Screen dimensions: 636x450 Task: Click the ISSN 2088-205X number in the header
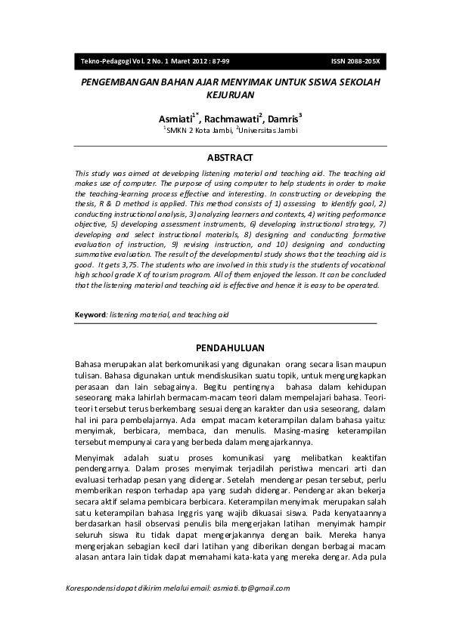click(x=355, y=60)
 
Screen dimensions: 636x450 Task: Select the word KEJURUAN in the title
click(x=230, y=96)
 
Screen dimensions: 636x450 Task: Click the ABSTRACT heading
click(x=230, y=158)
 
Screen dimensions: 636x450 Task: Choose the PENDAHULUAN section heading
click(x=230, y=347)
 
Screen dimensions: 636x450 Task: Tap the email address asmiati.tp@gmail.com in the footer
click(x=251, y=588)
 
